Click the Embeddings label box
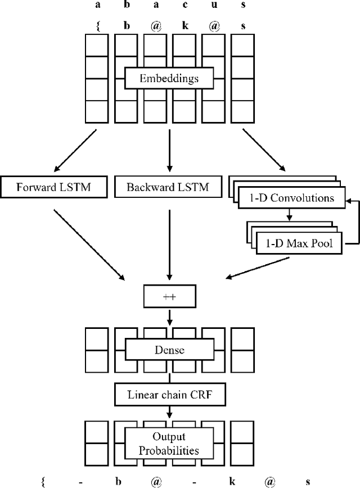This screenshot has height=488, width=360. coord(169,78)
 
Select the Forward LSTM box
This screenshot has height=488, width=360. coord(54,187)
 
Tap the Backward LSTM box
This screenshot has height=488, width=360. coord(168,187)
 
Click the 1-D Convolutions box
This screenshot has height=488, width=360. coord(292,198)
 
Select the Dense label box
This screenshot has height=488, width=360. coord(169,350)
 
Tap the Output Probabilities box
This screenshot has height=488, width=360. coord(169,442)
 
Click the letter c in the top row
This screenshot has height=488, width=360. coord(186,5)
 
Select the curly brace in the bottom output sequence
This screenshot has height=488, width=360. coord(43,481)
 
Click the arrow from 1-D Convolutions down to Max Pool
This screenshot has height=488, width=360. coord(289,214)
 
